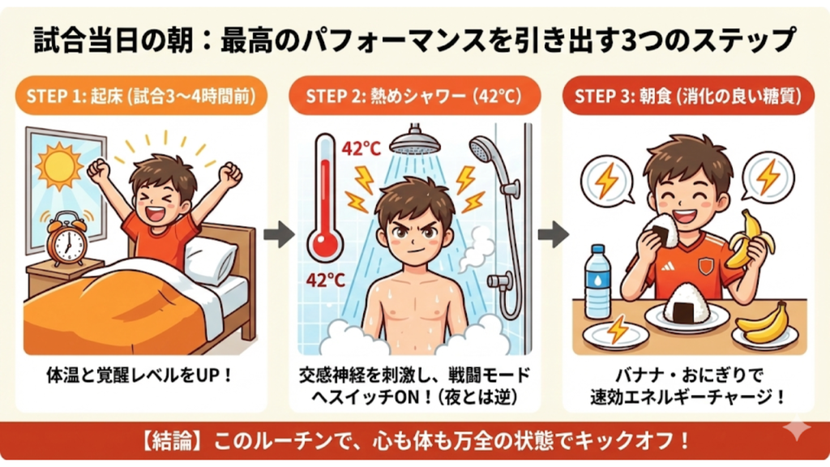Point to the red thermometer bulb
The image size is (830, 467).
pos(326,242)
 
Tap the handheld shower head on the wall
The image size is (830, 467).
pos(486,150)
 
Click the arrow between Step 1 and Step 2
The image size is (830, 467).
pos(279,235)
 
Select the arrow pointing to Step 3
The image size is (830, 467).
pos(553,235)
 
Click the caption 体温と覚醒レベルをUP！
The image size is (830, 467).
pos(140,376)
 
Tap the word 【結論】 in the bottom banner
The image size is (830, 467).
pos(173,443)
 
